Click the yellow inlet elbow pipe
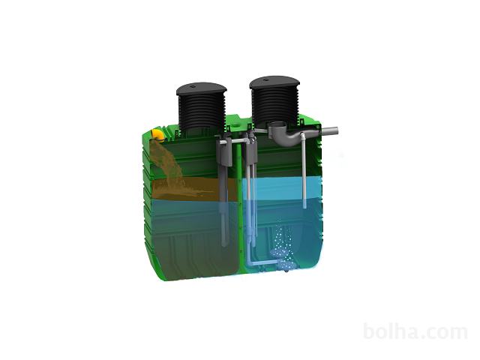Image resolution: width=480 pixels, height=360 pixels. pos(158,135)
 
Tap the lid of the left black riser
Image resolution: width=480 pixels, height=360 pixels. pos(202,88)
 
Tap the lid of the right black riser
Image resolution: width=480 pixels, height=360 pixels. pos(274,82)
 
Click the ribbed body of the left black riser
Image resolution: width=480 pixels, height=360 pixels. pos(202,112)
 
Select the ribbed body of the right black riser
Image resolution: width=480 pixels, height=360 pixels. pos(274,106)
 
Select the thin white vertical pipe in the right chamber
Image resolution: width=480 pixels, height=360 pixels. pos(304,170)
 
